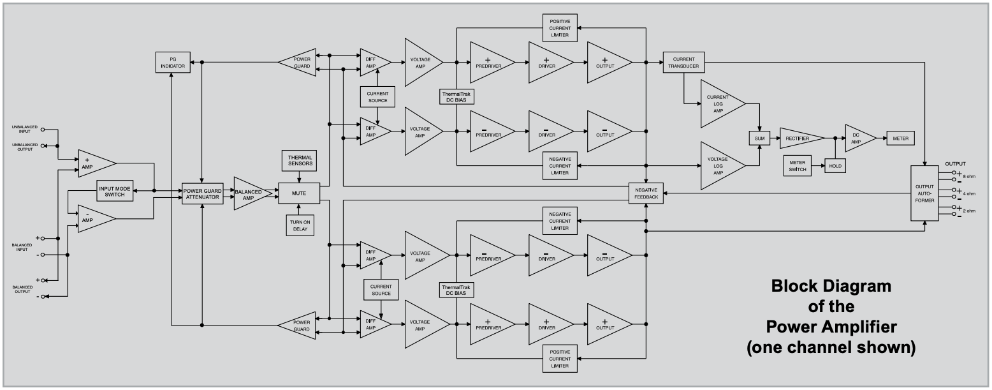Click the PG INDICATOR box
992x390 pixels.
(x=173, y=63)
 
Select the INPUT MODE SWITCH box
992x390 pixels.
(x=115, y=191)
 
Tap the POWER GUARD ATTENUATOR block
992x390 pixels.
(x=201, y=193)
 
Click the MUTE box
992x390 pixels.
(x=298, y=193)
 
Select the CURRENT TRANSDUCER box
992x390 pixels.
(x=683, y=63)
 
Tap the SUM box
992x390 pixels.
(x=759, y=138)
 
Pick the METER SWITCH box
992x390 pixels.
(x=797, y=166)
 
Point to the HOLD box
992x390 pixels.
(x=835, y=166)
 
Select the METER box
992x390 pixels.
(x=900, y=139)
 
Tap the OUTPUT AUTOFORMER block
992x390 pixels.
(x=924, y=193)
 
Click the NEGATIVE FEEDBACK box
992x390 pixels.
(x=646, y=193)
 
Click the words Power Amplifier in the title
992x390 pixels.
(x=831, y=327)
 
